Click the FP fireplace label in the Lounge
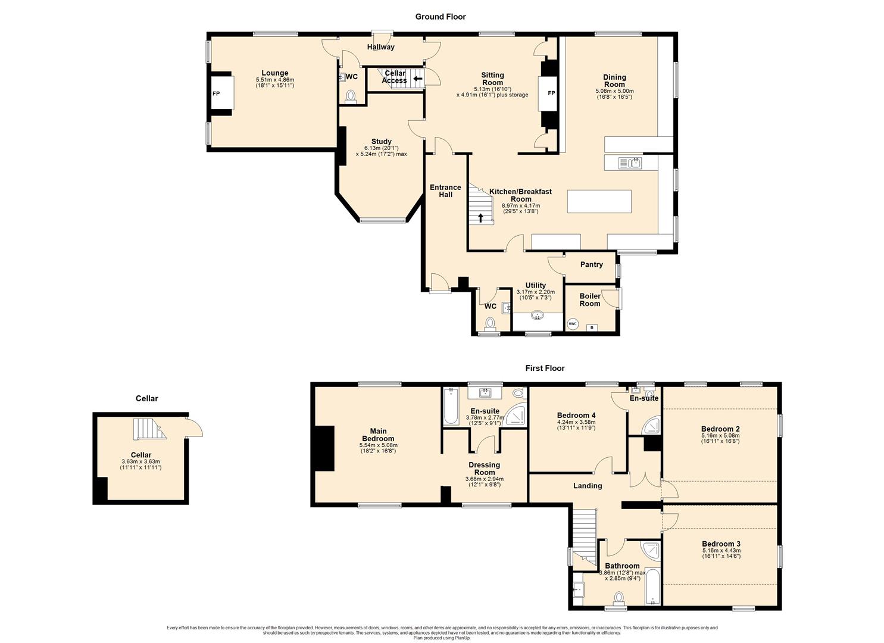pyautogui.click(x=216, y=93)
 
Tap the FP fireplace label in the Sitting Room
pyautogui.click(x=551, y=93)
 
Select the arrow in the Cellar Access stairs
pyautogui.click(x=418, y=78)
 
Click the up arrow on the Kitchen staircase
pyautogui.click(x=480, y=218)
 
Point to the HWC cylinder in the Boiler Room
pyautogui.click(x=573, y=324)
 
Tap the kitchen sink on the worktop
pyautogui.click(x=630, y=163)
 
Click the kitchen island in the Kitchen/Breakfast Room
pyautogui.click(x=599, y=201)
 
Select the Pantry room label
pyautogui.click(x=591, y=264)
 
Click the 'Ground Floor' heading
pyautogui.click(x=441, y=17)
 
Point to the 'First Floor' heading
pyautogui.click(x=545, y=368)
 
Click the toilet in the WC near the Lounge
pyautogui.click(x=351, y=96)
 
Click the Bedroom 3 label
pyautogui.click(x=721, y=544)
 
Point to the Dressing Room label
pyautogui.click(x=485, y=469)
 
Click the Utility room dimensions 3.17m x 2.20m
pyautogui.click(x=535, y=292)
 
